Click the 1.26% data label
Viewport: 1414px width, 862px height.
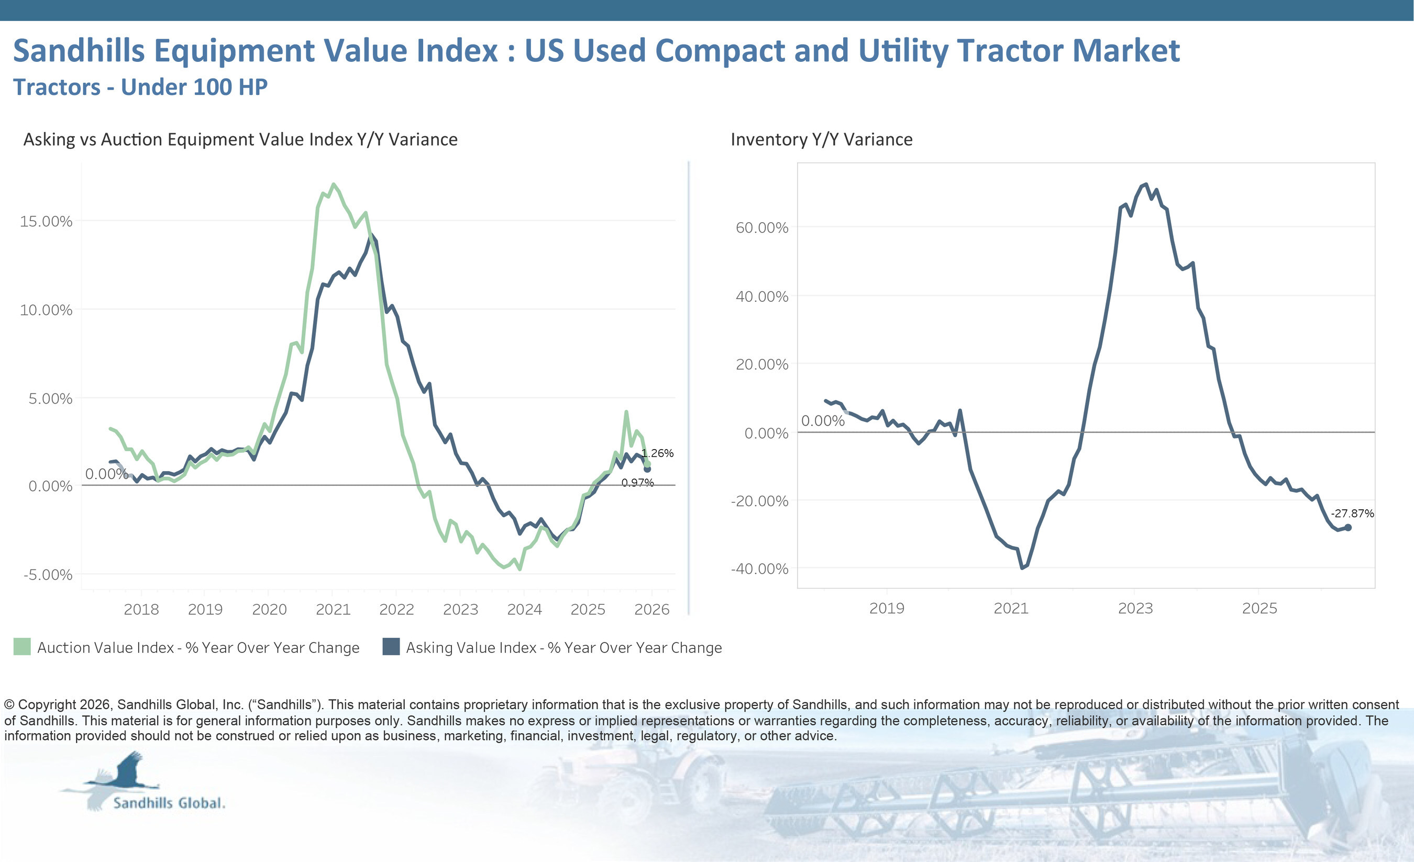click(x=658, y=453)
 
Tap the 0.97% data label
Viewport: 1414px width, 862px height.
click(x=637, y=483)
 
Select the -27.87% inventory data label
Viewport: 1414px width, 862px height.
click(x=1352, y=514)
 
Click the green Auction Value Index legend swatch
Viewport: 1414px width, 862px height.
click(x=22, y=647)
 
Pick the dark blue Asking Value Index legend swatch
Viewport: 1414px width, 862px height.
click(x=391, y=647)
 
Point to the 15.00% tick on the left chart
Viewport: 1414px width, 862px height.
click(x=46, y=221)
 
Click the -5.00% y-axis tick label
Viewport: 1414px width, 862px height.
click(x=48, y=575)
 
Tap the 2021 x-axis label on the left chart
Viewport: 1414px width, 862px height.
click(x=333, y=609)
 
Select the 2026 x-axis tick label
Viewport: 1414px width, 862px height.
click(x=652, y=609)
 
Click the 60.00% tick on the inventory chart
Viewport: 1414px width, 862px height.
click(x=762, y=228)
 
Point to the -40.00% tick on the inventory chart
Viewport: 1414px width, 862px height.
click(x=760, y=569)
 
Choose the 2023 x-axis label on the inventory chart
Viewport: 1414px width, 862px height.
click(x=1135, y=608)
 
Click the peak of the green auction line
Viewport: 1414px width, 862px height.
click(x=334, y=184)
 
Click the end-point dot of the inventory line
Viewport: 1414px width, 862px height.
click(x=1348, y=527)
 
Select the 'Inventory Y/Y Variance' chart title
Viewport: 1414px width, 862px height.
click(x=821, y=139)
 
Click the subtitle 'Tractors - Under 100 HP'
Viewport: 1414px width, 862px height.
click(x=140, y=88)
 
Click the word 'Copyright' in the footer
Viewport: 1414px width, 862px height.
click(x=47, y=705)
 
